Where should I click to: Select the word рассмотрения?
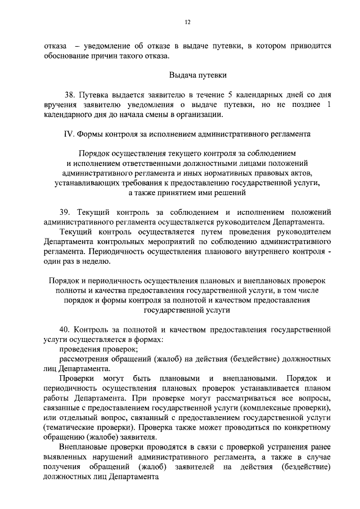(x=85, y=359)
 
